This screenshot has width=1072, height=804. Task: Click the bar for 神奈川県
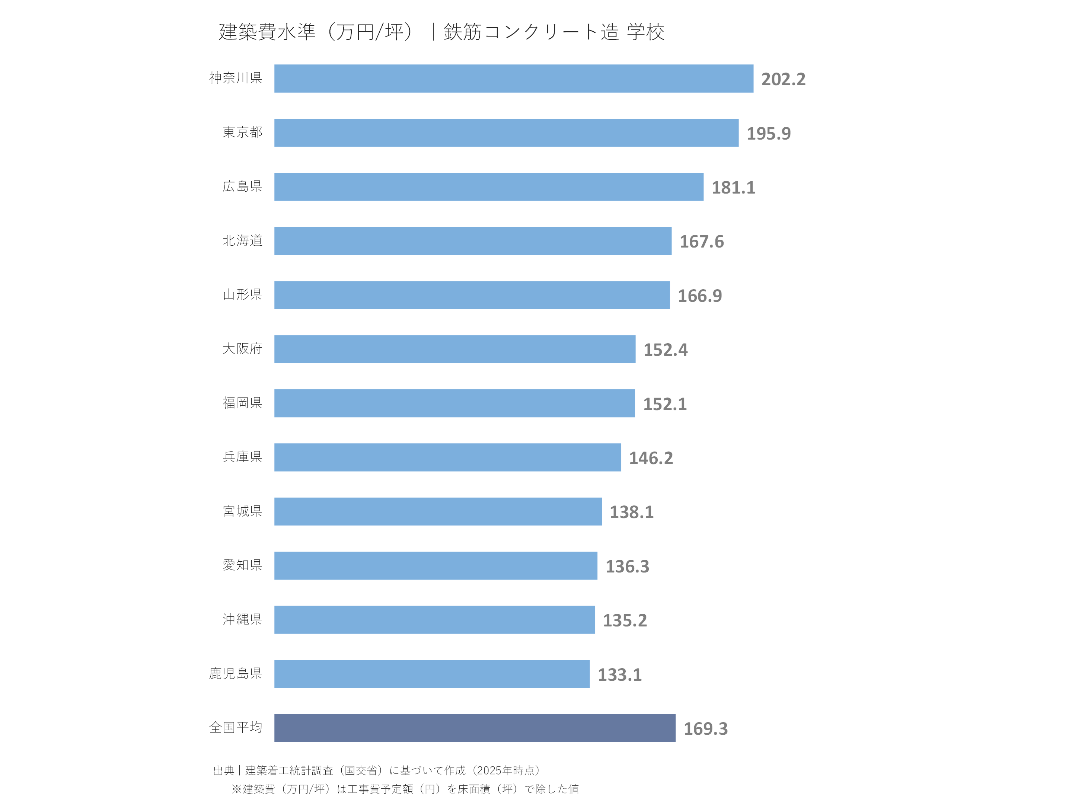[514, 79]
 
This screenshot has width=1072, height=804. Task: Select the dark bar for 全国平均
[475, 728]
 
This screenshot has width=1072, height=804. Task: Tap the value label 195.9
[768, 133]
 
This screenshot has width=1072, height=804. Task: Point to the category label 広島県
[242, 186]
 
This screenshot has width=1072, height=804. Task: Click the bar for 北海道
[472, 241]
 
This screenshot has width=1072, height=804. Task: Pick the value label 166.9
[699, 296]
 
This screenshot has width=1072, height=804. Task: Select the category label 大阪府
[242, 348]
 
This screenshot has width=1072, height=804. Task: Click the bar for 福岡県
[454, 403]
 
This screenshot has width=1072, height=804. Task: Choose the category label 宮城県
[242, 511]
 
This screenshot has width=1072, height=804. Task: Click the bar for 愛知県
[435, 565]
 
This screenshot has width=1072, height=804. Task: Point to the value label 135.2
[624, 620]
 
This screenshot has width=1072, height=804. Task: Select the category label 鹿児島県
[236, 673]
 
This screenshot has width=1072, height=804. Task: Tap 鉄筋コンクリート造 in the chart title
[531, 32]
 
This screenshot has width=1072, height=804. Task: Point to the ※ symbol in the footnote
[236, 789]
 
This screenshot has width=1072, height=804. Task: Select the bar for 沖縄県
[434, 619]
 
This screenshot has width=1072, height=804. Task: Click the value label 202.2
[783, 79]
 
